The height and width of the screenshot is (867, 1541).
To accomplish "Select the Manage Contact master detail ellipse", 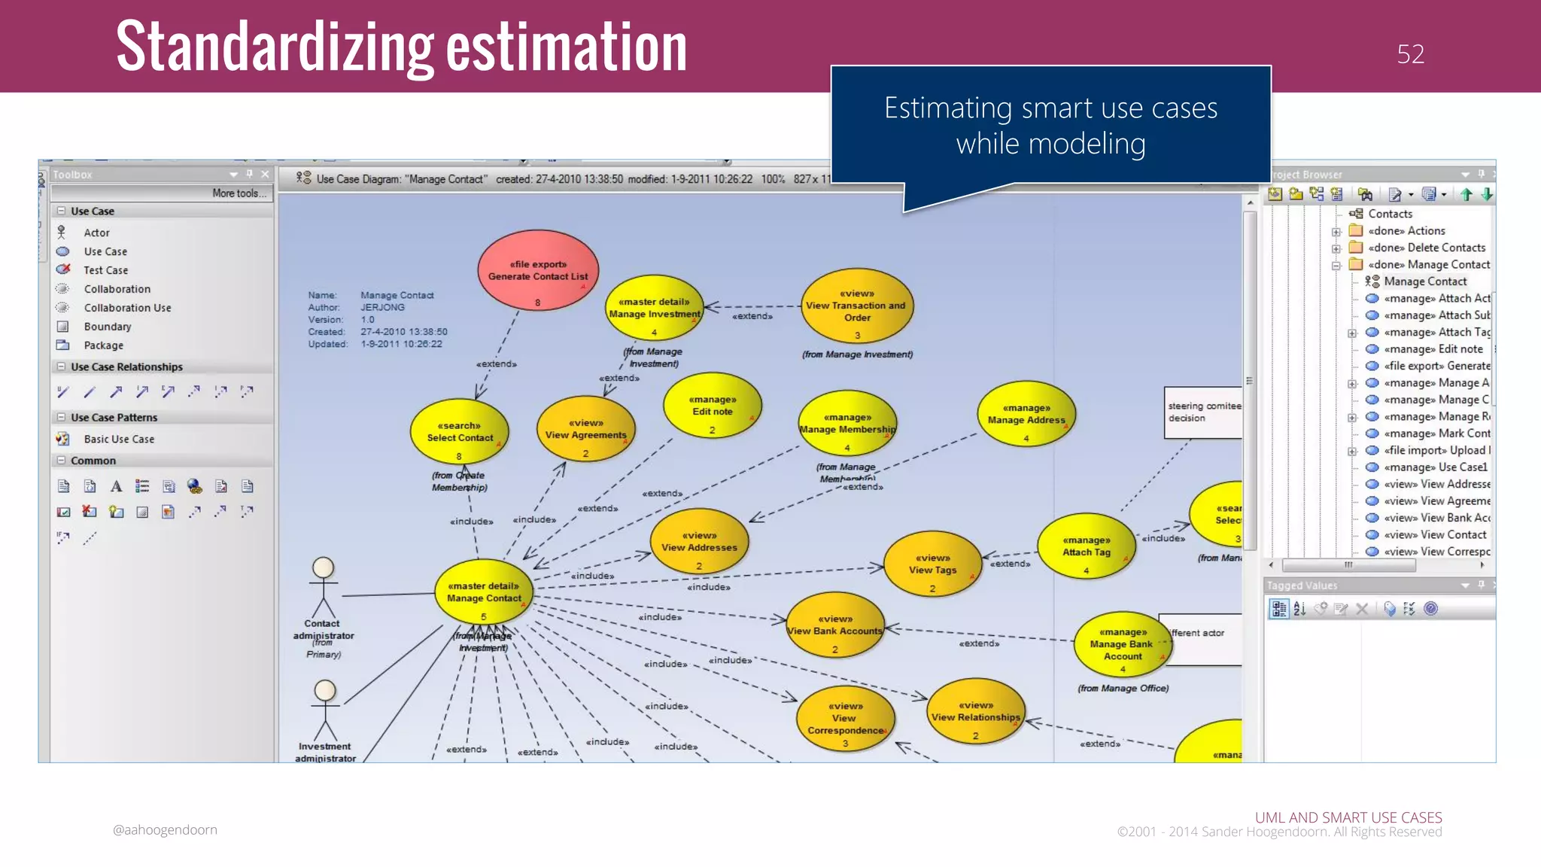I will coord(484,592).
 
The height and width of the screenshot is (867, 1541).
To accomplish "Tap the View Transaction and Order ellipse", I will coord(856,307).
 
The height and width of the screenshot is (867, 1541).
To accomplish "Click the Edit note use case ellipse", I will coord(712,406).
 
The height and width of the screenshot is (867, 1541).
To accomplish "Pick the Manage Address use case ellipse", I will coord(1026,415).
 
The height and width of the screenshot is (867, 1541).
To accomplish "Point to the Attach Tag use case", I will coord(1086,547).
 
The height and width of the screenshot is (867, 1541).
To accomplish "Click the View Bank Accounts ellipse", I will coord(834,626).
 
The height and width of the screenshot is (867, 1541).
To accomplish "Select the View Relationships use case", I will coord(975,712).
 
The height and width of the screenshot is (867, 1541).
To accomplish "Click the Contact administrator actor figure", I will coord(324,588).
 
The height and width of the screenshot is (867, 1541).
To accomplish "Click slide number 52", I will coord(1410,54).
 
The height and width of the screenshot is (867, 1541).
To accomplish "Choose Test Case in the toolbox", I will coord(105,270).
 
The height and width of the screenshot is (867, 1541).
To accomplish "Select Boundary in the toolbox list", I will coord(108,327).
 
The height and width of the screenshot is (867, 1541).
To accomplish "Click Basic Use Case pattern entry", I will coord(119,439).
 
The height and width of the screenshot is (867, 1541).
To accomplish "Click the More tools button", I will coord(239,193).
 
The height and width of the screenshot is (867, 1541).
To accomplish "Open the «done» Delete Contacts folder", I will coord(1426,248).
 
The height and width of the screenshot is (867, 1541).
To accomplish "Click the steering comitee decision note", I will coord(1202,412).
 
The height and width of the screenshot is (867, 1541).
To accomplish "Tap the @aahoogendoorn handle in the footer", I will coord(165,829).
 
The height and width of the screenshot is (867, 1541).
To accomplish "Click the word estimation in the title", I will coord(566,47).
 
